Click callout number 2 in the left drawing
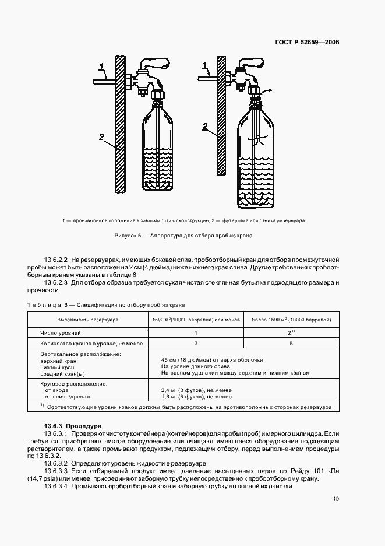(101, 138)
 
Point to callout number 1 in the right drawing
(204, 64)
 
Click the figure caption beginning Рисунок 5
(192, 236)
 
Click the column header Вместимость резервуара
(87, 320)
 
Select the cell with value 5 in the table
(291, 344)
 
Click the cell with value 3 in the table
(195, 344)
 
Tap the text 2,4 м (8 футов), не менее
(196, 389)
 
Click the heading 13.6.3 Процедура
(73, 426)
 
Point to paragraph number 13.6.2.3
(57, 282)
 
